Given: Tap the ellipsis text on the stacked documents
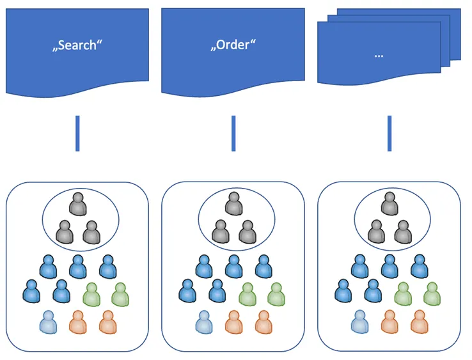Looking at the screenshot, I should coord(378,55).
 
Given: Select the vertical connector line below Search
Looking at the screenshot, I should coord(77,133).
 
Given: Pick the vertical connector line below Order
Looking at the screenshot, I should coord(233,133).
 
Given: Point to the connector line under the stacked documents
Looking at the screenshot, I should coord(389,133).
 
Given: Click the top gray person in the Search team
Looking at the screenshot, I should coord(77,205).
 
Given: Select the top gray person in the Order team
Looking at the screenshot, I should coord(233,205).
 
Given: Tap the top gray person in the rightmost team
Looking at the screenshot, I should coord(389,205).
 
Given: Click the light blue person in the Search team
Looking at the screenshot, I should coord(48,322).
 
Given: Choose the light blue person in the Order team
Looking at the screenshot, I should coord(204,322).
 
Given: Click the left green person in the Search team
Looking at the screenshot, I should coord(91,295).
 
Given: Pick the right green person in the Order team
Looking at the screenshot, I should coord(276,295).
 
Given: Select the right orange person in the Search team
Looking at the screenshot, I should coord(107,322).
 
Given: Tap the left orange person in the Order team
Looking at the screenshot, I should coord(233,322).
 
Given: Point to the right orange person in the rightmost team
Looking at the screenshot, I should coord(418,322).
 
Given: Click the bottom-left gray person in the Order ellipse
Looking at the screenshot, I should coord(220,232).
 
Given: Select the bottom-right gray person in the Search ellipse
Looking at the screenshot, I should coord(91,232).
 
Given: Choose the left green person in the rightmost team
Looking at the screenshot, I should coord(403,295).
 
